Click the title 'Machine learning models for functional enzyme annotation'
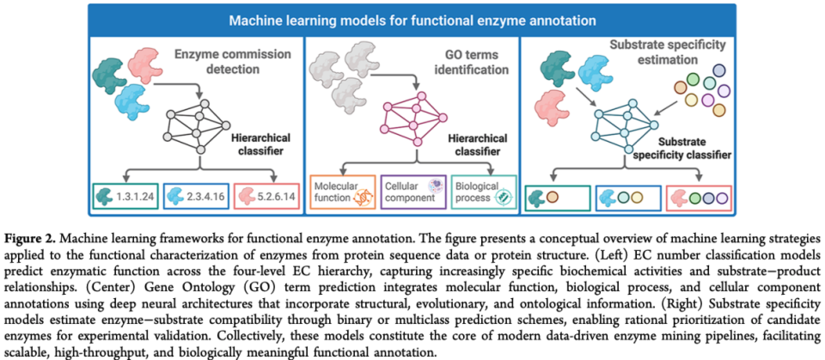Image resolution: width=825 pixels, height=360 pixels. (x=413, y=18)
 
